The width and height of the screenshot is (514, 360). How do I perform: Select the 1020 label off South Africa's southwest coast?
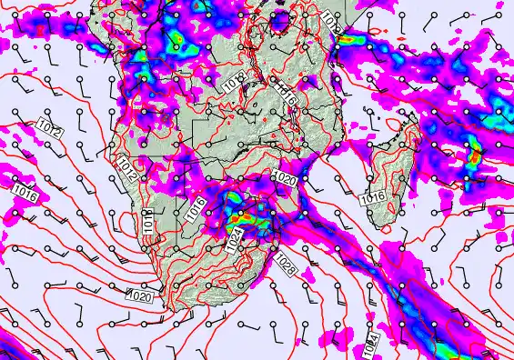[138, 296]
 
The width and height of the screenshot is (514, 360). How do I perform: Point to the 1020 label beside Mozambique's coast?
[284, 177]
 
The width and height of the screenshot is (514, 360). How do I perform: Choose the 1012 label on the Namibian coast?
[127, 167]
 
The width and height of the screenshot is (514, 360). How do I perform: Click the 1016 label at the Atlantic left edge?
[25, 194]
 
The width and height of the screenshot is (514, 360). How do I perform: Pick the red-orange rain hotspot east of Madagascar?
[473, 156]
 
